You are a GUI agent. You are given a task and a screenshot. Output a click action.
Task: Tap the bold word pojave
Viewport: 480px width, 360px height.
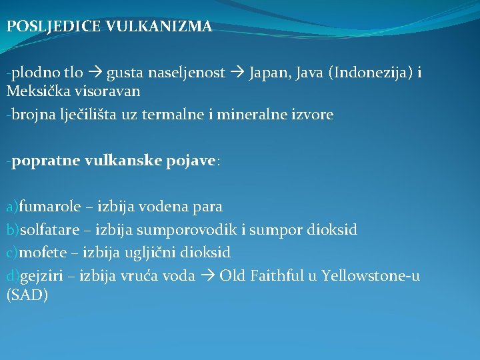point(189,161)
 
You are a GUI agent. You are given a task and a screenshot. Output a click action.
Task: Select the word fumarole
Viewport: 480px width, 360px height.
point(51,207)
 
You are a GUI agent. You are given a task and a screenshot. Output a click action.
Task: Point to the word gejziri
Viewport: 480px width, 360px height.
point(43,275)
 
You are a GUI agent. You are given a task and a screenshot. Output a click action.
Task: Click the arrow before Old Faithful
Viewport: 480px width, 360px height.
point(208,275)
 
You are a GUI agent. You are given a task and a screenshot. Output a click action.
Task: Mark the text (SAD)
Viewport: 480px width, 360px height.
point(27,295)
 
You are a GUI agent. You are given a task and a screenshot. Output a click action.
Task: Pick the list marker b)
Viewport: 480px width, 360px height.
point(13,230)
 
